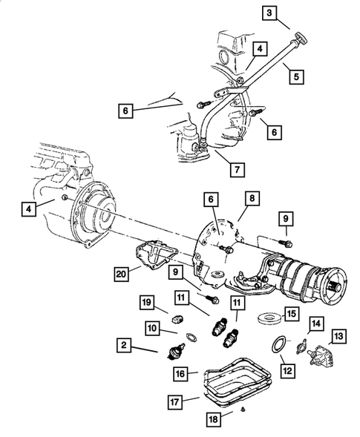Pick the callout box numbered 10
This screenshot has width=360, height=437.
(152, 326)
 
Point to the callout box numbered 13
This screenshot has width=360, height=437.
(338, 338)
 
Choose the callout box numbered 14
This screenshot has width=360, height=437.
(316, 323)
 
